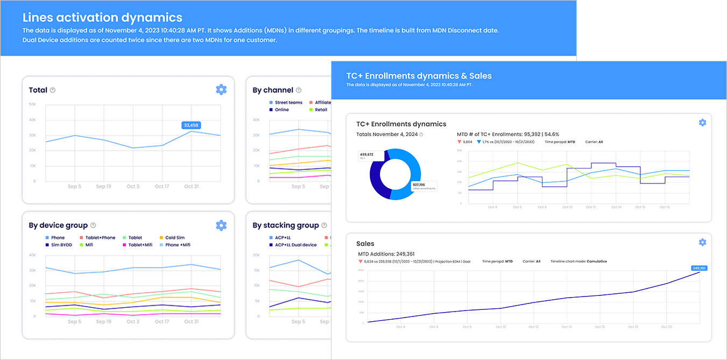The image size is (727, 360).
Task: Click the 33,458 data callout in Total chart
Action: [x=191, y=125]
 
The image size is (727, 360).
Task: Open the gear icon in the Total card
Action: [x=221, y=90]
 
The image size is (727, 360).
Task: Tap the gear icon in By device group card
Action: [x=221, y=225]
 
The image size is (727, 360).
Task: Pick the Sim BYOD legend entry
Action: [x=61, y=245]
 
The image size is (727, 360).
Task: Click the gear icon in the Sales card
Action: [x=702, y=242]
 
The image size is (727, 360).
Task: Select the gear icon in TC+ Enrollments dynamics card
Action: [x=702, y=123]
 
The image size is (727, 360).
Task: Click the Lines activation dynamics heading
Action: [x=102, y=18]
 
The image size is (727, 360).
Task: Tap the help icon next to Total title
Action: [x=53, y=90]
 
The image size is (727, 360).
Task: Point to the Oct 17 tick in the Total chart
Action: [x=162, y=186]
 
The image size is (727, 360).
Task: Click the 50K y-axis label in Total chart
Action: [x=32, y=104]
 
